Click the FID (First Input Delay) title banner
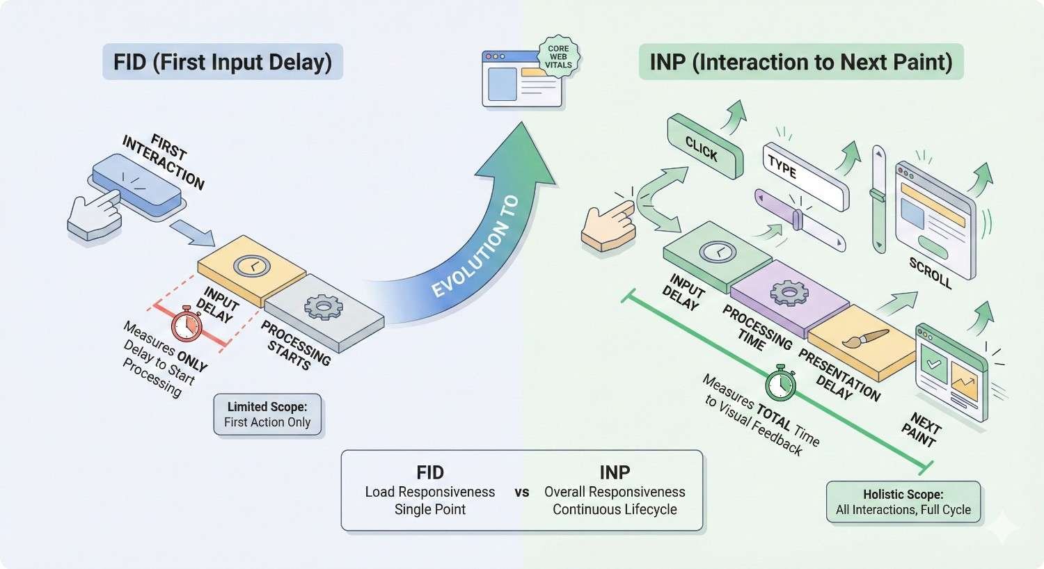pos(223,62)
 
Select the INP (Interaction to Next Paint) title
pos(800,62)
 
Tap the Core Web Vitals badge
pos(558,57)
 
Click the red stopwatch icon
pos(187,324)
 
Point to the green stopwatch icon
pos(780,383)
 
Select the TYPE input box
pos(805,176)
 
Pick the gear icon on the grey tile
pos(320,307)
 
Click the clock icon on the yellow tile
pos(251,266)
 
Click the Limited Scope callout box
pos(267,415)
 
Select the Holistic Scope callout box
pos(903,502)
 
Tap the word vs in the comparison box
pos(522,492)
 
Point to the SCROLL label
pos(930,273)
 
